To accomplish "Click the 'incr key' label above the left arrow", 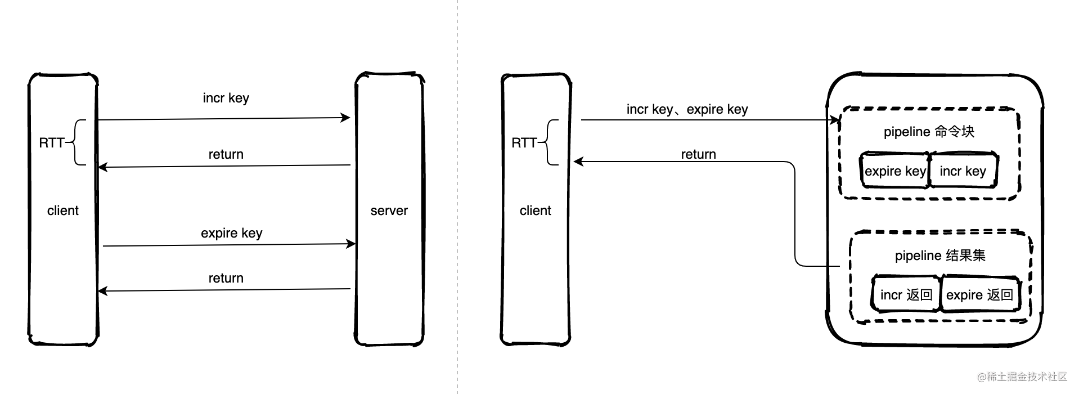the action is pyautogui.click(x=226, y=98).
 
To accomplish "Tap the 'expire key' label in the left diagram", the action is pyautogui.click(x=231, y=233).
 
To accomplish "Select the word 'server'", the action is pyautogui.click(x=389, y=211).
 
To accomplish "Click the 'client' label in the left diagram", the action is pyautogui.click(x=63, y=211).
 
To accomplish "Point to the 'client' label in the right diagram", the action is pyautogui.click(x=536, y=211).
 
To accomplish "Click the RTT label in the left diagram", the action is pyautogui.click(x=51, y=143).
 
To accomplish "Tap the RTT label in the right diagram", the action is pyautogui.click(x=524, y=143).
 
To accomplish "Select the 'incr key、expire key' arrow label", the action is pyautogui.click(x=687, y=109).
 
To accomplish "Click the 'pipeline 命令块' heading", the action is pyautogui.click(x=929, y=132).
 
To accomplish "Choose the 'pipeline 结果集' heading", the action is pyautogui.click(x=940, y=256).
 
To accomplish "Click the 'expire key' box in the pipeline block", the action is pyautogui.click(x=895, y=171).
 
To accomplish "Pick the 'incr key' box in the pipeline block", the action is pyautogui.click(x=963, y=171).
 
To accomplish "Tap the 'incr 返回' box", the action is pyautogui.click(x=906, y=294).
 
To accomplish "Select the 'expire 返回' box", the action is pyautogui.click(x=979, y=294).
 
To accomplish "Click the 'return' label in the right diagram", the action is pyautogui.click(x=698, y=154).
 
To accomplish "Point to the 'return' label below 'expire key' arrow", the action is pyautogui.click(x=226, y=278).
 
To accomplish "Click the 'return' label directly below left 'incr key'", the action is pyautogui.click(x=226, y=154).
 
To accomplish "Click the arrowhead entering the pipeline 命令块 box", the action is pyautogui.click(x=835, y=120).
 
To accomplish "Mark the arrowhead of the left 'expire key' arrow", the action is pyautogui.click(x=351, y=244).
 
